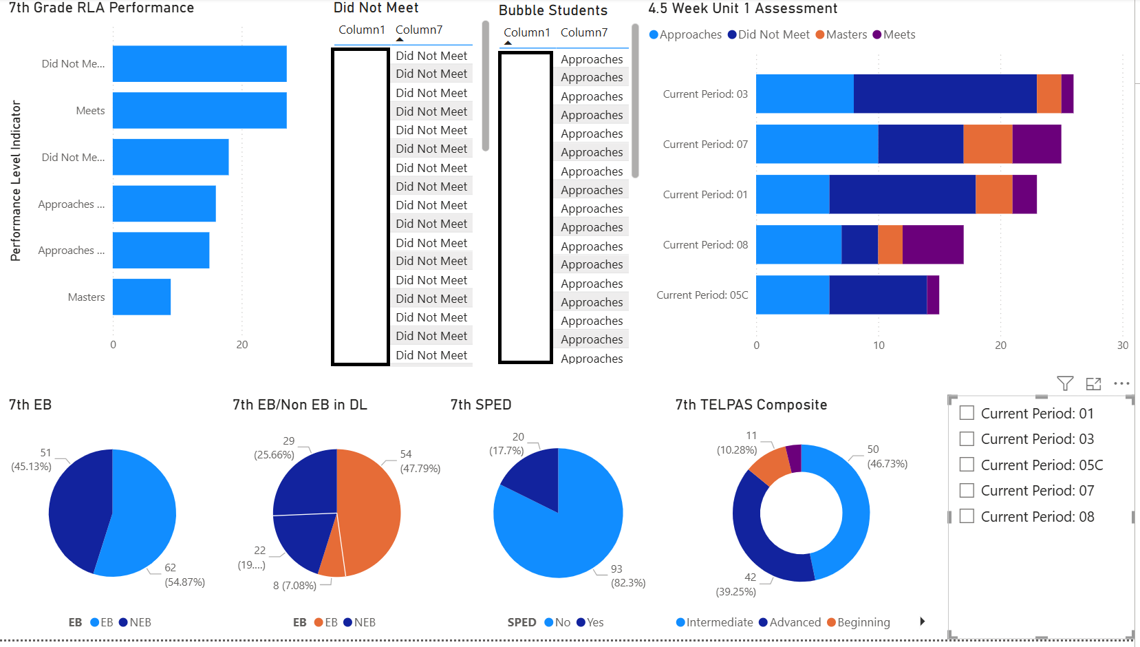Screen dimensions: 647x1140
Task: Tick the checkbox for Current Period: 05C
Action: point(967,465)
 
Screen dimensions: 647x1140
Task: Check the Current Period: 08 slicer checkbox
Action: point(967,516)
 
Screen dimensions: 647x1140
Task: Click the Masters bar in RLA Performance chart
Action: point(142,297)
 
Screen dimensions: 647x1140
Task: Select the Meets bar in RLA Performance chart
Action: point(200,110)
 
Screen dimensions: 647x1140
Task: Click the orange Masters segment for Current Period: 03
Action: point(1048,94)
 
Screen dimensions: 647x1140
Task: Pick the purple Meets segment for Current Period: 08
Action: point(932,244)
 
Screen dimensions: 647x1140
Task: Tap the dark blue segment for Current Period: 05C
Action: point(878,295)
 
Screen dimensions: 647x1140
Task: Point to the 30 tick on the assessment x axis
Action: point(1122,346)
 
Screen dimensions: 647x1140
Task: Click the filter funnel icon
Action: point(1065,383)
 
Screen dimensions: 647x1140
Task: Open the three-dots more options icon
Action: point(1121,383)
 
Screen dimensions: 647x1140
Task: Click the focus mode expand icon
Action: point(1093,383)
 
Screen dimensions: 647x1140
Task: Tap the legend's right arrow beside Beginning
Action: point(923,622)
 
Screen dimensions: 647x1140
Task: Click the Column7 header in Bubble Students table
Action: point(584,32)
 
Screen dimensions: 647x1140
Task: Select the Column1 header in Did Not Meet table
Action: point(361,30)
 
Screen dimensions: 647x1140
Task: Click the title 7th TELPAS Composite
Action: point(751,405)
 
